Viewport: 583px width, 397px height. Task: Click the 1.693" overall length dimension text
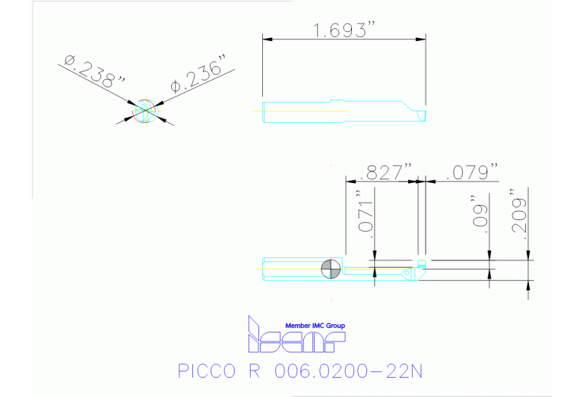[344, 30]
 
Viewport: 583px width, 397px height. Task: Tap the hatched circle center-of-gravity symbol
[331, 268]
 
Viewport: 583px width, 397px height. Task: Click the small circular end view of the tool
[145, 111]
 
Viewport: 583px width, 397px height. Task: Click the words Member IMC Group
[315, 326]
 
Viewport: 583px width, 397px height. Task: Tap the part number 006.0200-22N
[350, 371]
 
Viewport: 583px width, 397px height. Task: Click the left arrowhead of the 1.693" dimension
[267, 39]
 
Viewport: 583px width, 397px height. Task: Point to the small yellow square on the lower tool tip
[420, 263]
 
